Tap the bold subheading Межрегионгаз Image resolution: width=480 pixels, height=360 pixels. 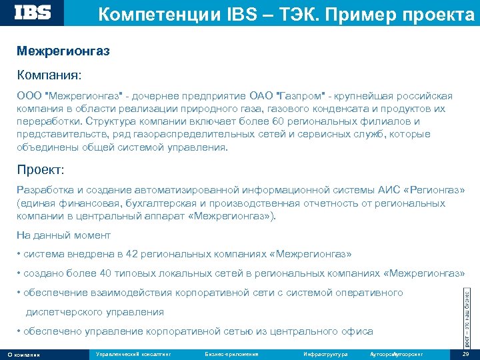coord(63,51)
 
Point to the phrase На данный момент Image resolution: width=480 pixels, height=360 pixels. coord(64,235)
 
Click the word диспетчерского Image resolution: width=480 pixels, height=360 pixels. coord(61,312)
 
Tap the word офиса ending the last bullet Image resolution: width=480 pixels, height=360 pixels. coord(359,331)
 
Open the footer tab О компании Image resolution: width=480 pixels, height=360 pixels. coord(24,354)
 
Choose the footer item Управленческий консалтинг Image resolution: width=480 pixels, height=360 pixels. coord(133,353)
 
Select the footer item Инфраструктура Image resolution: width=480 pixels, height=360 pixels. coord(325,353)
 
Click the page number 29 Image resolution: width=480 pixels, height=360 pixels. coord(465,353)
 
